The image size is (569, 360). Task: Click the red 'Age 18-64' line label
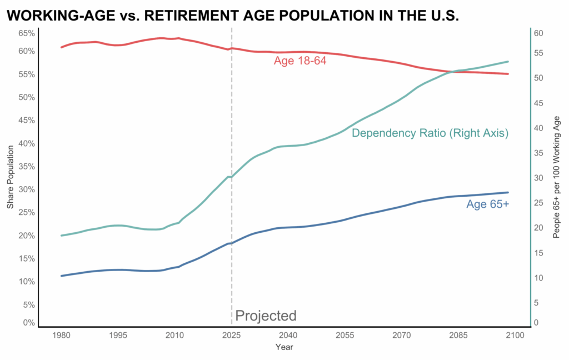pos(300,61)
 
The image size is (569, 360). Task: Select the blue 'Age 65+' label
pos(487,204)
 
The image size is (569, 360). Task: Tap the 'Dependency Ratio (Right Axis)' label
pos(430,133)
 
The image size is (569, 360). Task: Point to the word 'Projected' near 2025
pos(266,316)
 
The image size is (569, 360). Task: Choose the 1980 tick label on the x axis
pos(61,336)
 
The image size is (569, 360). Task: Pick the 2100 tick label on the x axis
pos(515,336)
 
